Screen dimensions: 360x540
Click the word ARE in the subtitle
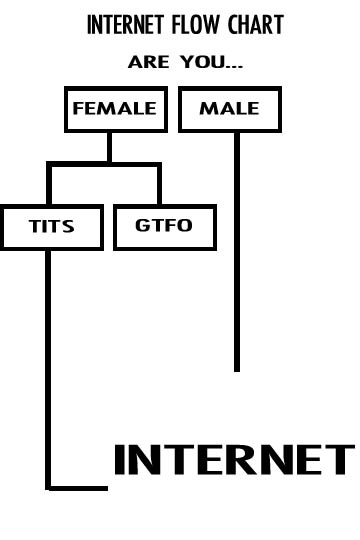click(150, 62)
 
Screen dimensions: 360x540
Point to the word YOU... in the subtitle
click(211, 62)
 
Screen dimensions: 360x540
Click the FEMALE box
click(115, 109)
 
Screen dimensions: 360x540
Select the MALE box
click(230, 109)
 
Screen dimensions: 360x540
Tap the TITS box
click(52, 227)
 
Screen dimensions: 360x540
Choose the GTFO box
click(164, 226)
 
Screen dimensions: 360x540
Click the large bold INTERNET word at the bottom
click(233, 460)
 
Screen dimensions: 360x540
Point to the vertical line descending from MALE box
click(237, 250)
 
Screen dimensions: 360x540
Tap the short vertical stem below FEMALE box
click(109, 147)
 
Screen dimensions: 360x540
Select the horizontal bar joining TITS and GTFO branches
click(104, 164)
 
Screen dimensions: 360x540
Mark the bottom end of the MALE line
click(237, 368)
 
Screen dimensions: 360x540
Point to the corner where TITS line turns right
click(48, 487)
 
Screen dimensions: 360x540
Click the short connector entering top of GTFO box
click(158, 186)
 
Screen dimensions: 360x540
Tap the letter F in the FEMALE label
click(78, 109)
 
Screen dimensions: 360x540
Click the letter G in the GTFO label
click(143, 226)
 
